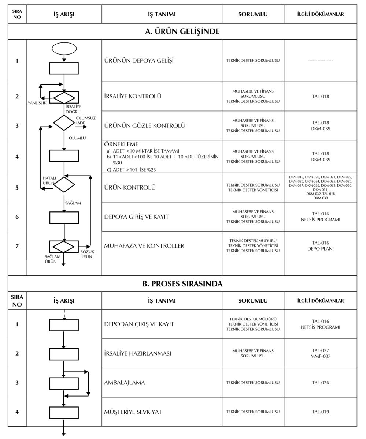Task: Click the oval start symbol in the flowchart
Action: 64,49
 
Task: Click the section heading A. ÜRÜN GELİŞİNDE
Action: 182,31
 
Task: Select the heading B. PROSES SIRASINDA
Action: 182,284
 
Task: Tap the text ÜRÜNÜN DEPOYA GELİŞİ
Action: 139,60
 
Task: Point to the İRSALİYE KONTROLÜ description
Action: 133,97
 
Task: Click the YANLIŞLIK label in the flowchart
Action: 37,103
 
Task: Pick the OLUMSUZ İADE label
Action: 85,121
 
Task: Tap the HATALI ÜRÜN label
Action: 49,180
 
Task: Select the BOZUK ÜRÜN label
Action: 87,254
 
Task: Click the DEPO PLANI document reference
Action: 320,249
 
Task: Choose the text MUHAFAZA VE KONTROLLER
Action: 144,246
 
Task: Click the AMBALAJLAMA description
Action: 124,383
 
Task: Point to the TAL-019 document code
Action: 320,412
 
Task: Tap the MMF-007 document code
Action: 320,356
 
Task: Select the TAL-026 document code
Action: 320,383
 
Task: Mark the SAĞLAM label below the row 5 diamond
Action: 73,203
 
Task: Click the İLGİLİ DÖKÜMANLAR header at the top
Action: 320,14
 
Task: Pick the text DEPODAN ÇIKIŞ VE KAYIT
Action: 139,324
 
